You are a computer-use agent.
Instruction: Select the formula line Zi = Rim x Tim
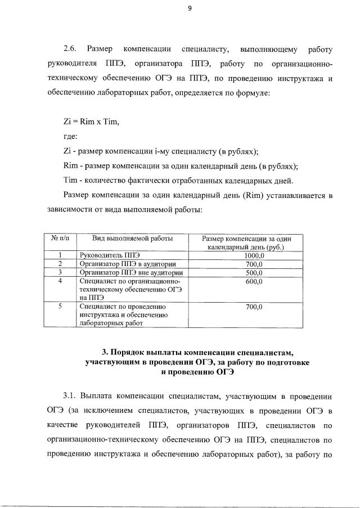88,122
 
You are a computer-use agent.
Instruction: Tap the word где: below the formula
70,137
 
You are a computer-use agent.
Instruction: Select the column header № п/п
59,239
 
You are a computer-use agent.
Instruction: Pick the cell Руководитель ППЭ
110,255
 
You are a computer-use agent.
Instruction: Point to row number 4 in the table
59,281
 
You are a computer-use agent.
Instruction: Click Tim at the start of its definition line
69,180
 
